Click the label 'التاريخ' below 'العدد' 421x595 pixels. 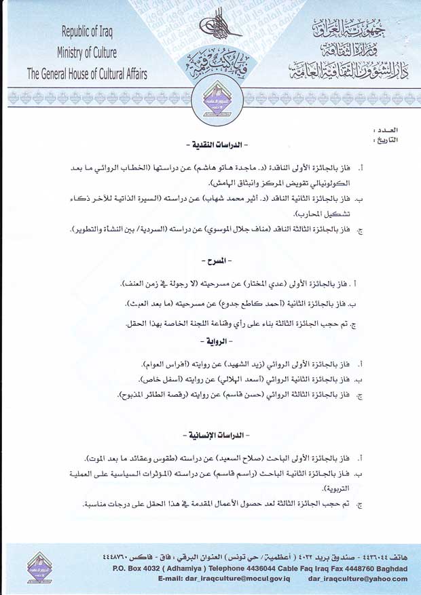coord(385,140)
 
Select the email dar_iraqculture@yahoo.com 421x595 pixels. coord(357,579)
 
